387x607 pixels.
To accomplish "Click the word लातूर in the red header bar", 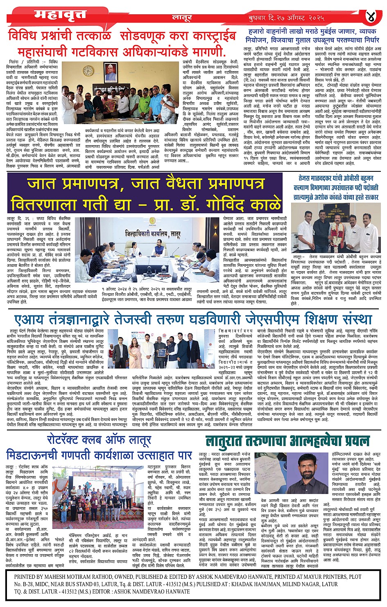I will pyautogui.click(x=180, y=18).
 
